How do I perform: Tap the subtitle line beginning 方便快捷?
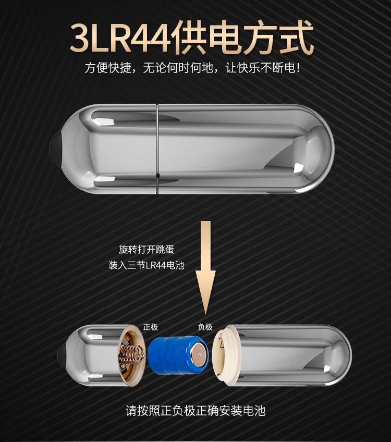click(x=192, y=68)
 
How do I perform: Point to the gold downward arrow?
click(x=206, y=268)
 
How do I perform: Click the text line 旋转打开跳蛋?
click(x=146, y=250)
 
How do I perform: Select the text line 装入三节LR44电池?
click(x=146, y=265)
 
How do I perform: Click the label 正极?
click(x=150, y=327)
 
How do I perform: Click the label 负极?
click(x=205, y=327)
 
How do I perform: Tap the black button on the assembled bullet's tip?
click(x=55, y=149)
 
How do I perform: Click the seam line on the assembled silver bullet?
click(x=157, y=149)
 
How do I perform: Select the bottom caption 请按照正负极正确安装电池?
click(x=195, y=410)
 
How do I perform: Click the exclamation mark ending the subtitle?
click(x=298, y=68)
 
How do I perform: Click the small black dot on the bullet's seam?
click(x=157, y=176)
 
